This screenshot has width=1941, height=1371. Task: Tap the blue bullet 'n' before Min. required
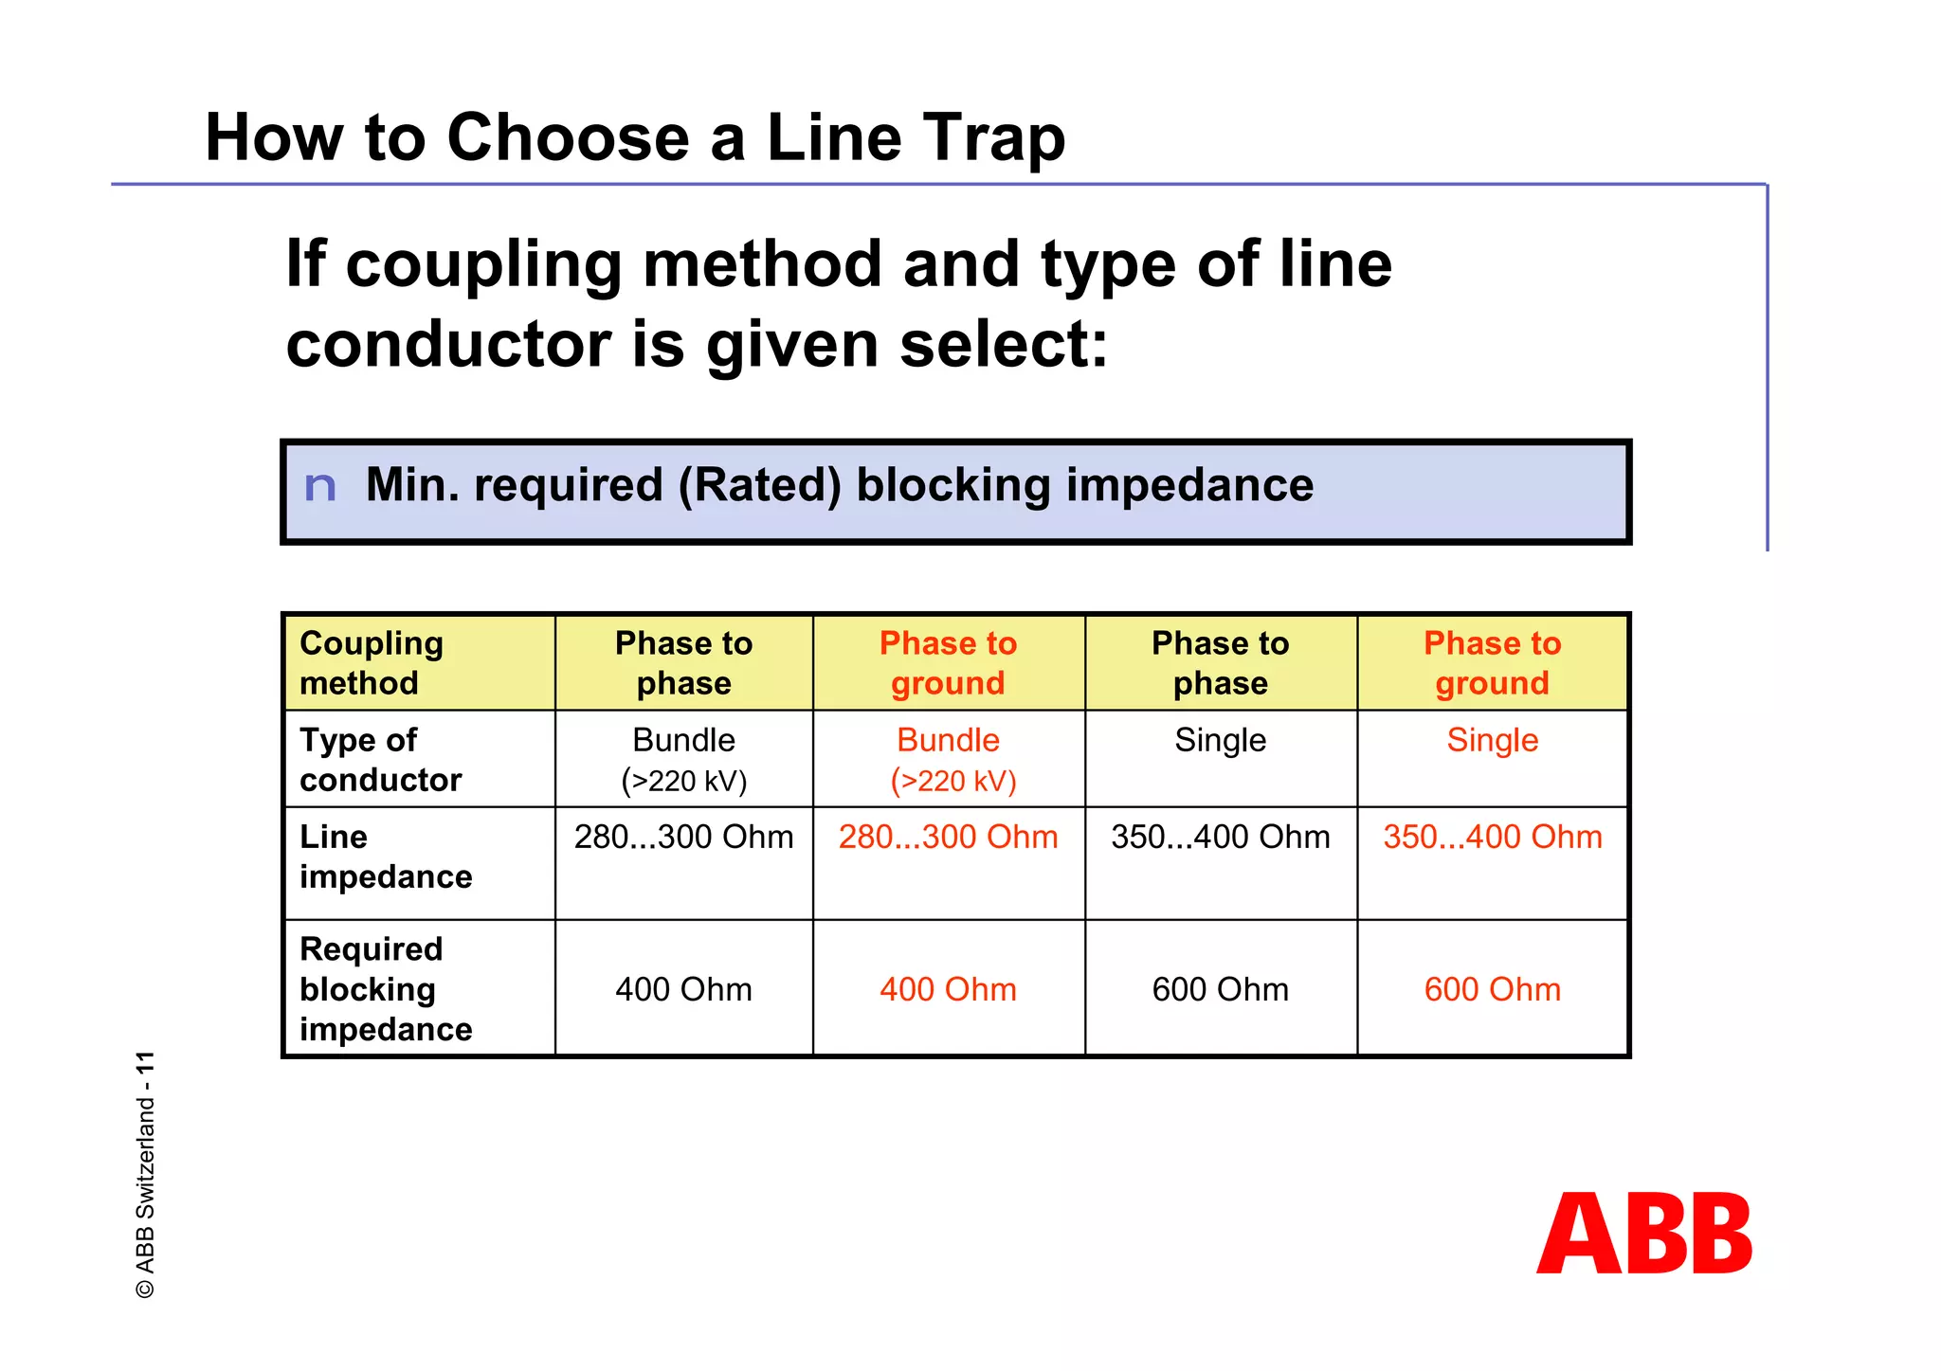320,487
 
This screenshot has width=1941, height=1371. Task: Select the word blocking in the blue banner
954,485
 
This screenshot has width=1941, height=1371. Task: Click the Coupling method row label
372,663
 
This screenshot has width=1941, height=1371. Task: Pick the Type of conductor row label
380,759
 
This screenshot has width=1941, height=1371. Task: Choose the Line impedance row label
385,857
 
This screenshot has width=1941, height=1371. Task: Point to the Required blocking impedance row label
385,988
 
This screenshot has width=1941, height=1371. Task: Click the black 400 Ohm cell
683,989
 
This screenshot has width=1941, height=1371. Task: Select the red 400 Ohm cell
948,989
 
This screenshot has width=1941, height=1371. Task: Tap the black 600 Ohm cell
1220,989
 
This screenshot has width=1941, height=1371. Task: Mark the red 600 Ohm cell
1492,989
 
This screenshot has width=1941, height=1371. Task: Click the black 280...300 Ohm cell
683,838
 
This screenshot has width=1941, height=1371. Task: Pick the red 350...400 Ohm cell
1492,838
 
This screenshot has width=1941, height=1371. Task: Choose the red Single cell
1492,740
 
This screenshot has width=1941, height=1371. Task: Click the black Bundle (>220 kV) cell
683,759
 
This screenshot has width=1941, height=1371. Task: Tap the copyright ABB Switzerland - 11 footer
145,1174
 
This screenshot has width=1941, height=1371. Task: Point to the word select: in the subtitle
1003,345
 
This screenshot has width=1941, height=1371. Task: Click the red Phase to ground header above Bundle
948,663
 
